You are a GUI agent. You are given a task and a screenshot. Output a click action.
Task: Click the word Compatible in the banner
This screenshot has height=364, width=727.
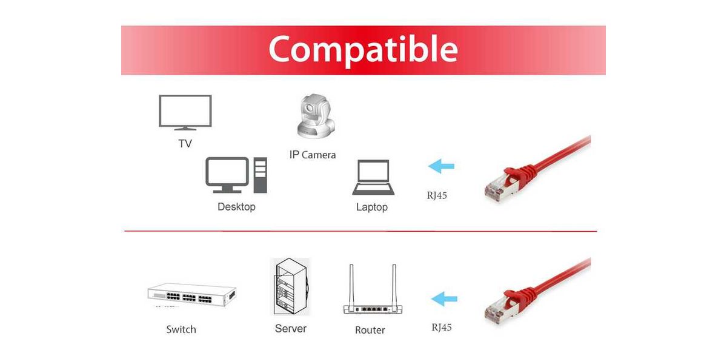click(x=363, y=50)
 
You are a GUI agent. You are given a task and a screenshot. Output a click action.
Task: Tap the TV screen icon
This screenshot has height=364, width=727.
click(x=185, y=112)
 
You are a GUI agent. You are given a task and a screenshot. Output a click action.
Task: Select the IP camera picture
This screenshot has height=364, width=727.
click(x=316, y=116)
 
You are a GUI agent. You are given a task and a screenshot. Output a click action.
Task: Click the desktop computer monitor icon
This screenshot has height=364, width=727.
click(x=227, y=175)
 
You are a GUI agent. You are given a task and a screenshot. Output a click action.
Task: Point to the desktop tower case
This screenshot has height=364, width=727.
click(x=261, y=175)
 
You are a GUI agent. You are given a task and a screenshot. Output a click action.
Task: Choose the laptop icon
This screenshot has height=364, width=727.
click(x=373, y=177)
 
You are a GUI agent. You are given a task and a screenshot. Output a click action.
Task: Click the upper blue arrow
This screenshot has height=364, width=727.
click(x=441, y=166)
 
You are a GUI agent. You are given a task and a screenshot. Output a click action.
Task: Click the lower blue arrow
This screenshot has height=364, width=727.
click(x=444, y=298)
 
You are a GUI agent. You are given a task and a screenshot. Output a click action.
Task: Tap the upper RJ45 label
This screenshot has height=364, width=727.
click(x=437, y=195)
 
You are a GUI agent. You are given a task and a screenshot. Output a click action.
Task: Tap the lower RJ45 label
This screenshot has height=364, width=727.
click(x=442, y=327)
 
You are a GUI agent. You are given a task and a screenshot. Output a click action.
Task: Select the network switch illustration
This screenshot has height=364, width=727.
click(x=192, y=294)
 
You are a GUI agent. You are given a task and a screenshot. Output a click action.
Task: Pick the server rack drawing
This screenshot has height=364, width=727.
click(x=290, y=286)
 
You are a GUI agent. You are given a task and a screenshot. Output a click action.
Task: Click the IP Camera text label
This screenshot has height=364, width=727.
click(x=313, y=155)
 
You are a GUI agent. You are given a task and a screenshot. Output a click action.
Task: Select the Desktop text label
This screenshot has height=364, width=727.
click(x=237, y=207)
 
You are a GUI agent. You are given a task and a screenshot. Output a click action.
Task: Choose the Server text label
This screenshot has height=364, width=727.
click(x=291, y=329)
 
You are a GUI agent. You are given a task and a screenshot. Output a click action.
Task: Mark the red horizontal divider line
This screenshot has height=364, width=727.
click(x=360, y=231)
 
